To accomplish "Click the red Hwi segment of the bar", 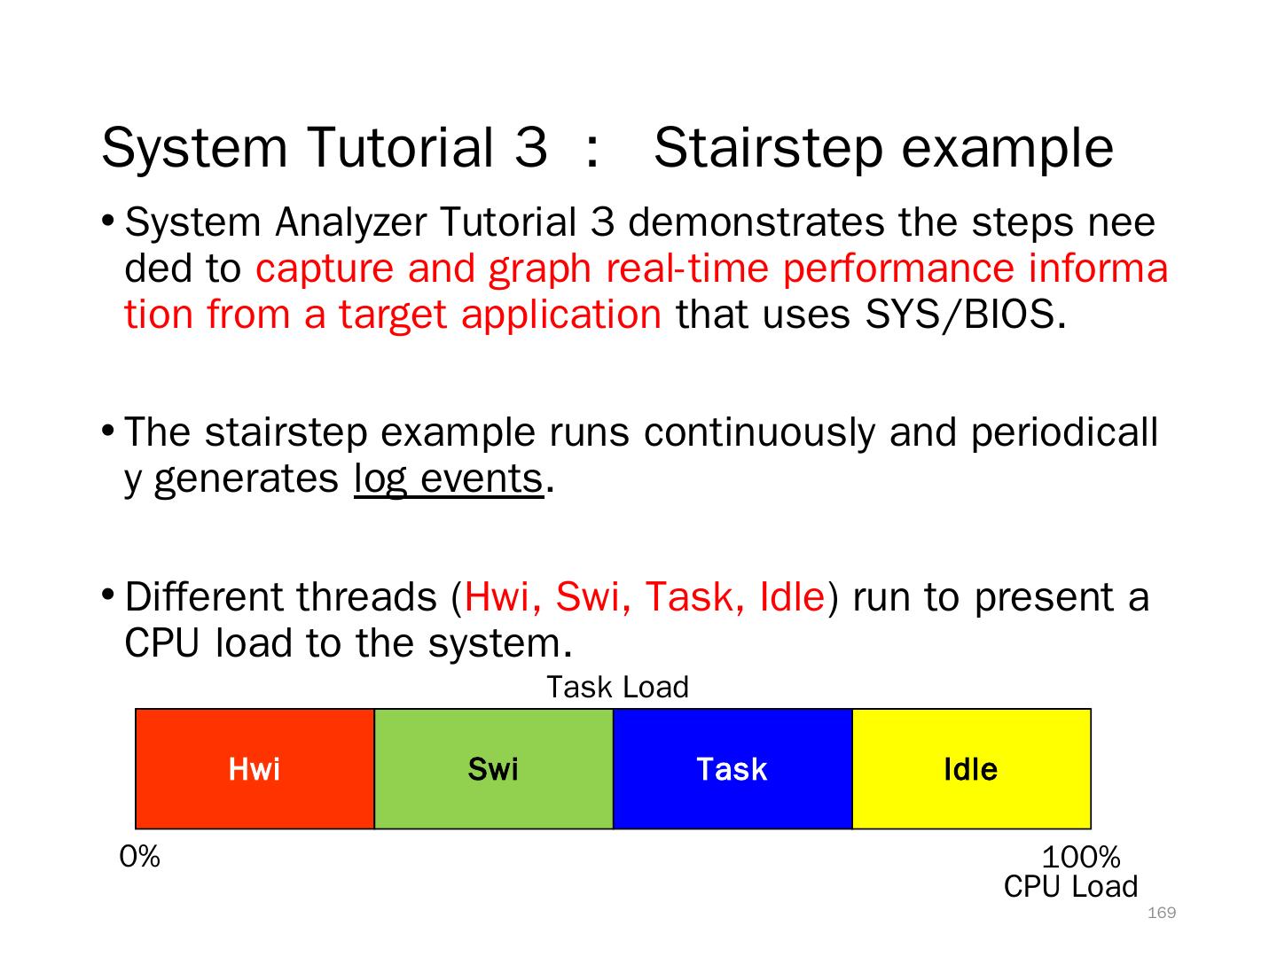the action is tap(255, 768).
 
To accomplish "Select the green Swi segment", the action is tap(493, 768).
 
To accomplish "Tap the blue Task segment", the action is tap(733, 768).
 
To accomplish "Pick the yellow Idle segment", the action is tap(972, 768).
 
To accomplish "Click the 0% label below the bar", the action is tap(139, 857).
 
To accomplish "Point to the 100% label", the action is tap(1081, 857).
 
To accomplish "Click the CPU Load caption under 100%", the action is tap(1070, 887).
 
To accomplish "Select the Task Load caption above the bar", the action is tap(618, 687).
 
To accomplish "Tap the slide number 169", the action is tap(1162, 913).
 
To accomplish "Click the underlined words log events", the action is tap(449, 480).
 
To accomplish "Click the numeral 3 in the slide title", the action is tap(531, 148).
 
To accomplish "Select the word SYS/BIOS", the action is tap(960, 315).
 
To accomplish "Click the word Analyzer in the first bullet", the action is tap(351, 223).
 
